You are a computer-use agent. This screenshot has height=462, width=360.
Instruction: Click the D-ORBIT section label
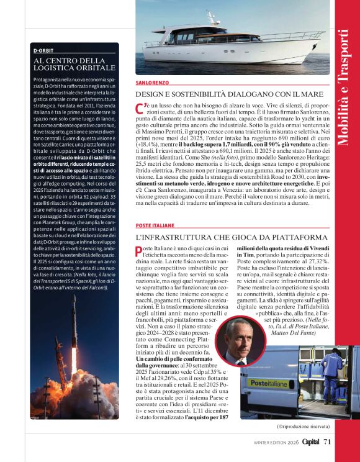[43, 50]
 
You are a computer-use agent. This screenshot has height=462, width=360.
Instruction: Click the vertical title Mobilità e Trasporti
[345, 87]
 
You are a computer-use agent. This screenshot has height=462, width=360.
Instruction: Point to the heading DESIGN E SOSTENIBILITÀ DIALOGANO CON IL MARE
[221, 94]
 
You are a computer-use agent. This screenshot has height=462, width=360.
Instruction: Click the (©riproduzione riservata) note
[303, 427]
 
